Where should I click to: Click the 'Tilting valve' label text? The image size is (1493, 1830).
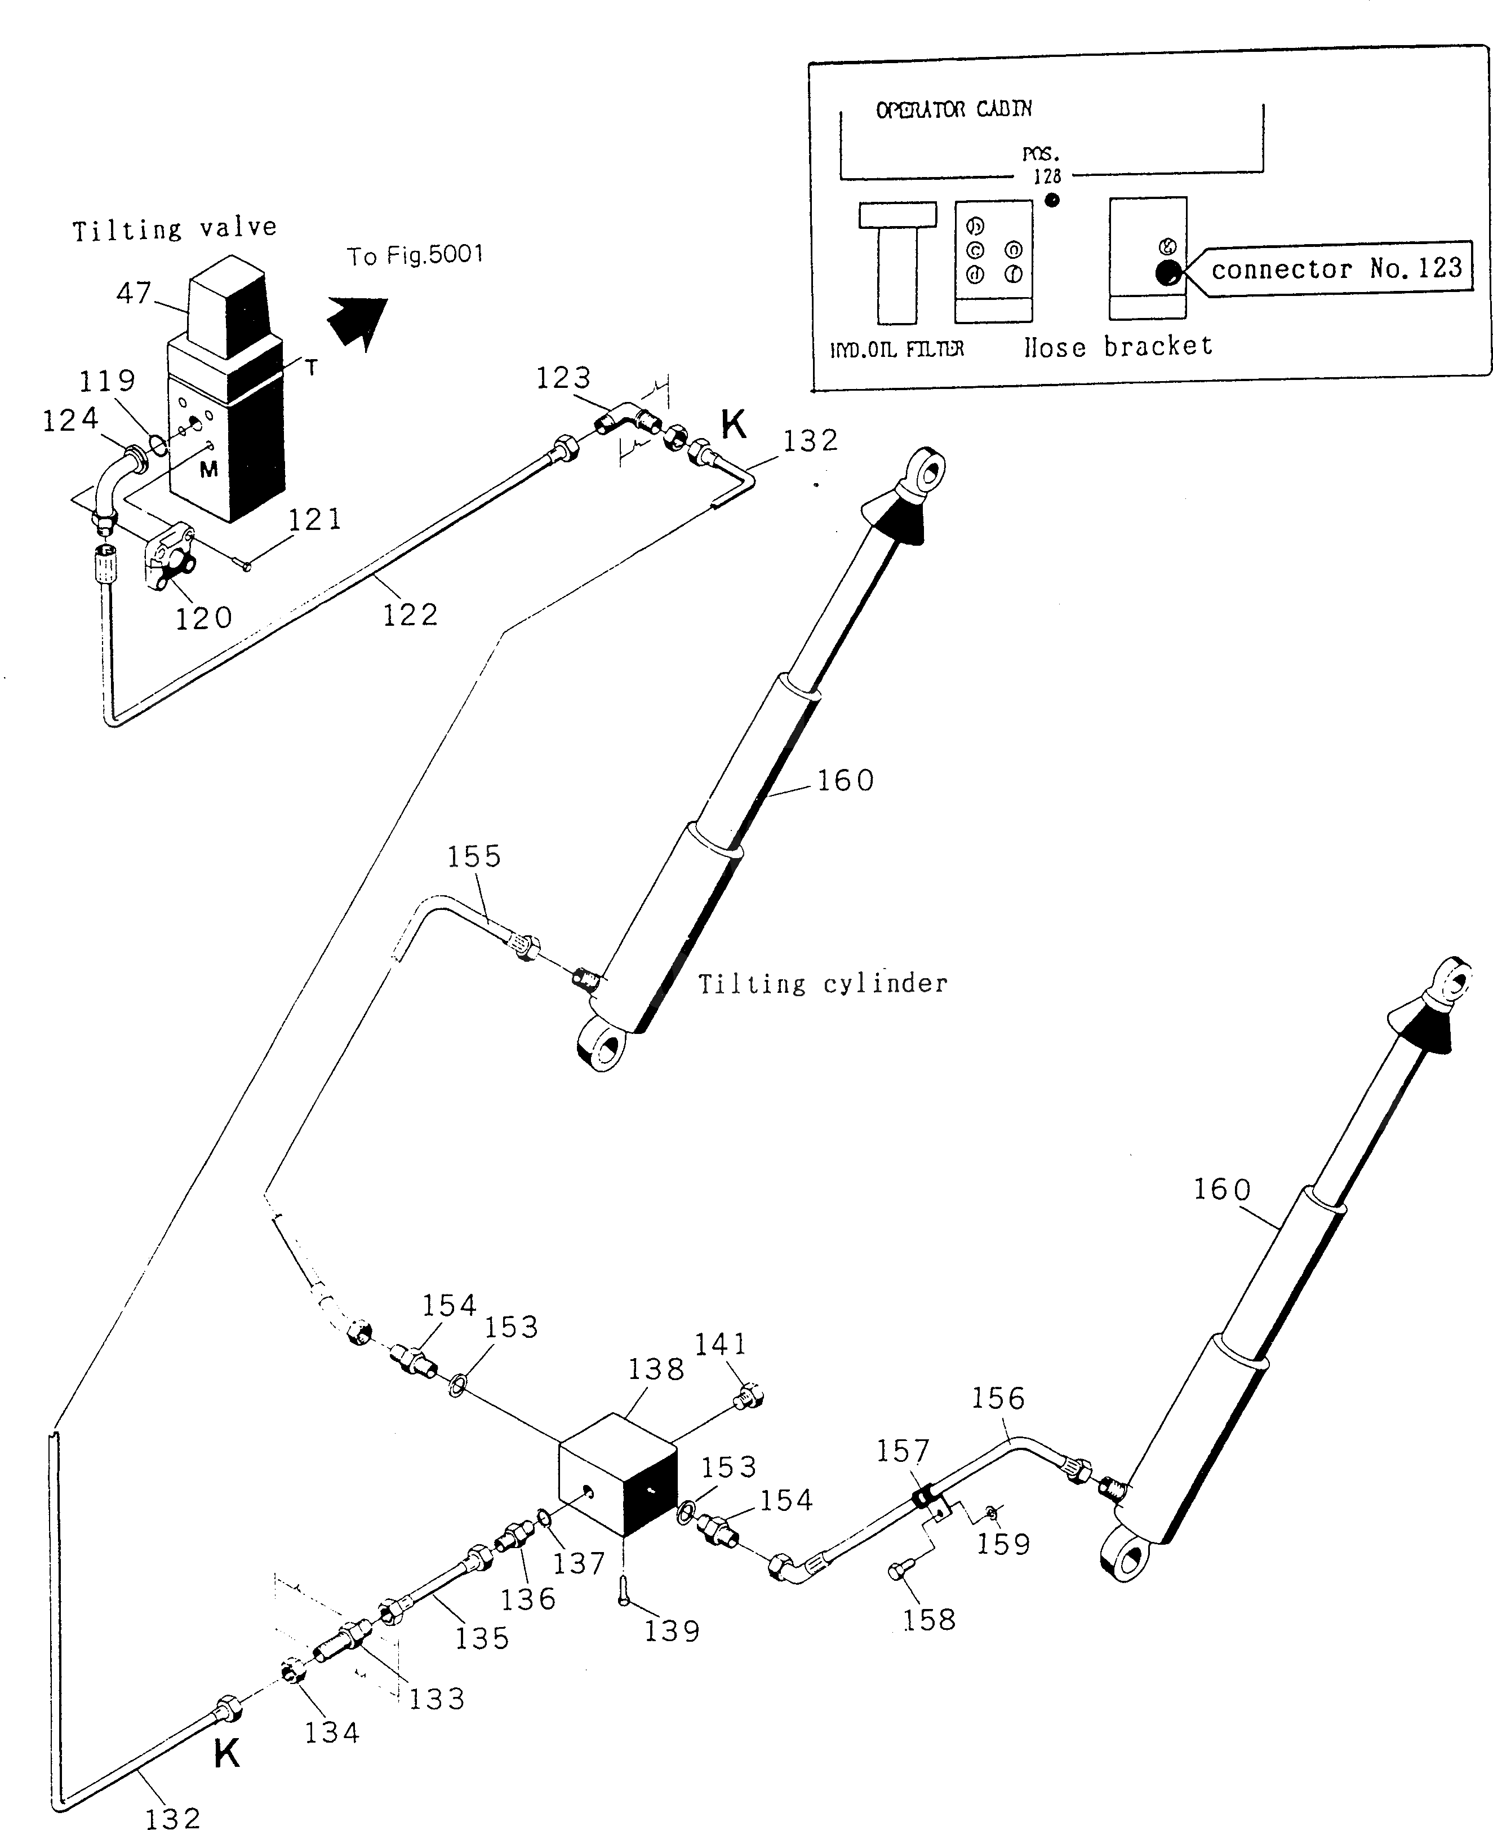(175, 229)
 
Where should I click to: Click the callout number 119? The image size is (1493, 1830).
(108, 381)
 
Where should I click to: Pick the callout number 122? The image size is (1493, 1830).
(410, 615)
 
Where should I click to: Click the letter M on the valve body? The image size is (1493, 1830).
(208, 470)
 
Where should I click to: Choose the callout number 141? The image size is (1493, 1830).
(721, 1344)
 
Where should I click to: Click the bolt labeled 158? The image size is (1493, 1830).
(897, 1572)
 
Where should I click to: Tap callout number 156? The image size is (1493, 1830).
(998, 1398)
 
